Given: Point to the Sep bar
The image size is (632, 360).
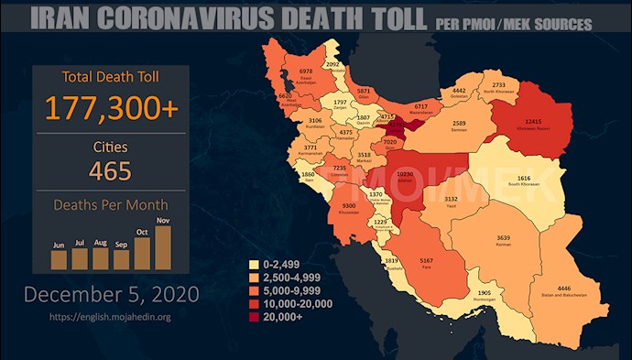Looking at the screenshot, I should coord(122,259).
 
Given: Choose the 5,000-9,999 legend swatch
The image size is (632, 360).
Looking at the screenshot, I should coord(255,290).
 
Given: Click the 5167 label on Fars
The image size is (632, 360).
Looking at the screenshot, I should coord(426,262).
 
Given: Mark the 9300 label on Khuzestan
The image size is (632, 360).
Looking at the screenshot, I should coord(350,207).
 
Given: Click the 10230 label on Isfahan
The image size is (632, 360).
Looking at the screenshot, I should coord(405,174).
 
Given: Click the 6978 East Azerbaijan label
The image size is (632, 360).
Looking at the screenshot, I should coord(307,71).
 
